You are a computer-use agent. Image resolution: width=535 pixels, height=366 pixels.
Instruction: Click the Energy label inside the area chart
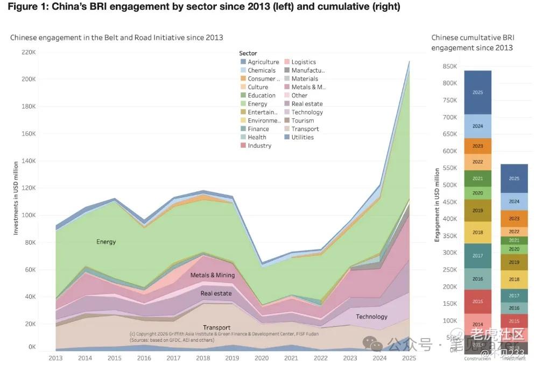[x=106, y=242]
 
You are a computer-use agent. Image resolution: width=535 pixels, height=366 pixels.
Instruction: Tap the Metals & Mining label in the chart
[x=213, y=275]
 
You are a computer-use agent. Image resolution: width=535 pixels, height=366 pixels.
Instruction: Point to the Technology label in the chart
[x=371, y=317]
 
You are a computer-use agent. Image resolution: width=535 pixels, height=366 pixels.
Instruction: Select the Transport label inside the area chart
[x=216, y=327]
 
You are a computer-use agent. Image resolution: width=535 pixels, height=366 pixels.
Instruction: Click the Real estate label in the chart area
[x=216, y=293]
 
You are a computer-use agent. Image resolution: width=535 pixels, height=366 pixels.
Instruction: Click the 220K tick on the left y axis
[x=28, y=52]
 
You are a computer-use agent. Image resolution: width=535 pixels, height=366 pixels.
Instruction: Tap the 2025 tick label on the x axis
[x=409, y=357]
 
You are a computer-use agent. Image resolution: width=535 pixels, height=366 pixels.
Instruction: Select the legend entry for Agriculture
[x=263, y=62]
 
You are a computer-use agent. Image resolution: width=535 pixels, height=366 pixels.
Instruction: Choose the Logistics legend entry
[x=304, y=62]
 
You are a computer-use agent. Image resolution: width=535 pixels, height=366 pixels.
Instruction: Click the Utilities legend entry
[x=302, y=137]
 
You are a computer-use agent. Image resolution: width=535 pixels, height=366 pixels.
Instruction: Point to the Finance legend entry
[x=258, y=129]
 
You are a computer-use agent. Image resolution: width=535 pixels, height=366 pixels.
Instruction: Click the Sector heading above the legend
[x=248, y=53]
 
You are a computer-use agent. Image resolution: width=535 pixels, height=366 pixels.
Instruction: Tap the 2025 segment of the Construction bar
[x=477, y=92]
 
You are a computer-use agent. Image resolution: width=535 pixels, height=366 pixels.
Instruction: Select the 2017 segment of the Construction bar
[x=477, y=256]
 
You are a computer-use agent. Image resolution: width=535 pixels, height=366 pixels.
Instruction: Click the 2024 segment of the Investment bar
[x=514, y=202]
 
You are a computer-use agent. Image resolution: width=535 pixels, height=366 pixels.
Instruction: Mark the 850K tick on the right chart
[x=449, y=66]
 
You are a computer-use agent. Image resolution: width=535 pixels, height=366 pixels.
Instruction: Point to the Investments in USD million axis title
[x=16, y=198]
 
